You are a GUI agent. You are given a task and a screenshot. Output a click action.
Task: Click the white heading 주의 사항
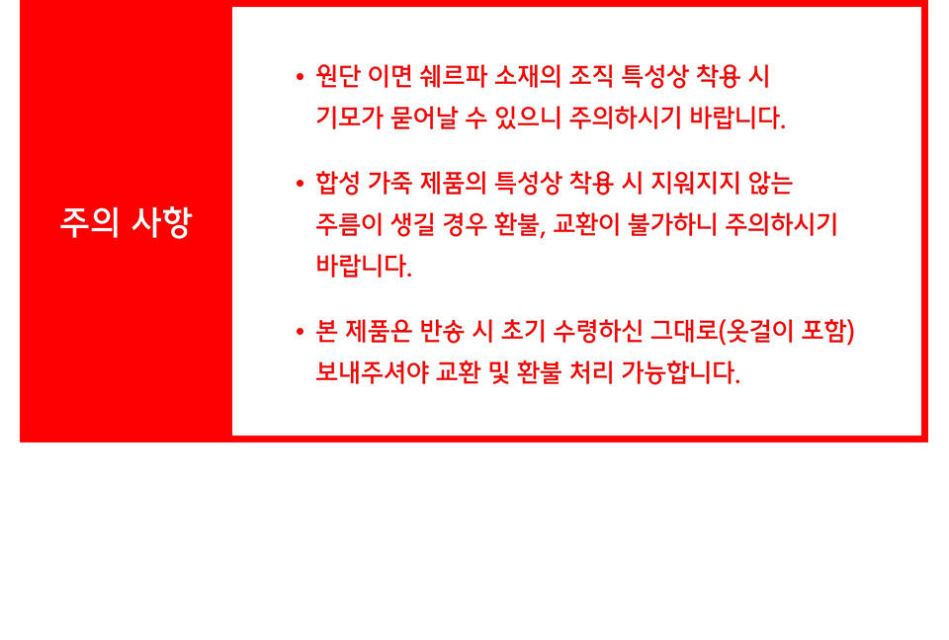126,222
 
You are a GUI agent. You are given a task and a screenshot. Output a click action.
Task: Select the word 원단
338,76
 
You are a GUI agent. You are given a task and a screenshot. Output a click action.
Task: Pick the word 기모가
349,117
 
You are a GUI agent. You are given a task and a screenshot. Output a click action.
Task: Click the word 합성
338,183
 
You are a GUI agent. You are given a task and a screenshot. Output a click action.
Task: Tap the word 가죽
389,183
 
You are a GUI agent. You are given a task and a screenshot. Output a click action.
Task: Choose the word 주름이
349,224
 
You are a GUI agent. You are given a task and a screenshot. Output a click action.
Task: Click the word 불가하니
672,224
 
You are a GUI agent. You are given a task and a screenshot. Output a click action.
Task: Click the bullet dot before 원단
300,77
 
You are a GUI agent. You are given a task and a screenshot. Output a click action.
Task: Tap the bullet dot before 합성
300,184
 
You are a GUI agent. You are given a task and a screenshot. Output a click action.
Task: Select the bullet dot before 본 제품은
300,332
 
